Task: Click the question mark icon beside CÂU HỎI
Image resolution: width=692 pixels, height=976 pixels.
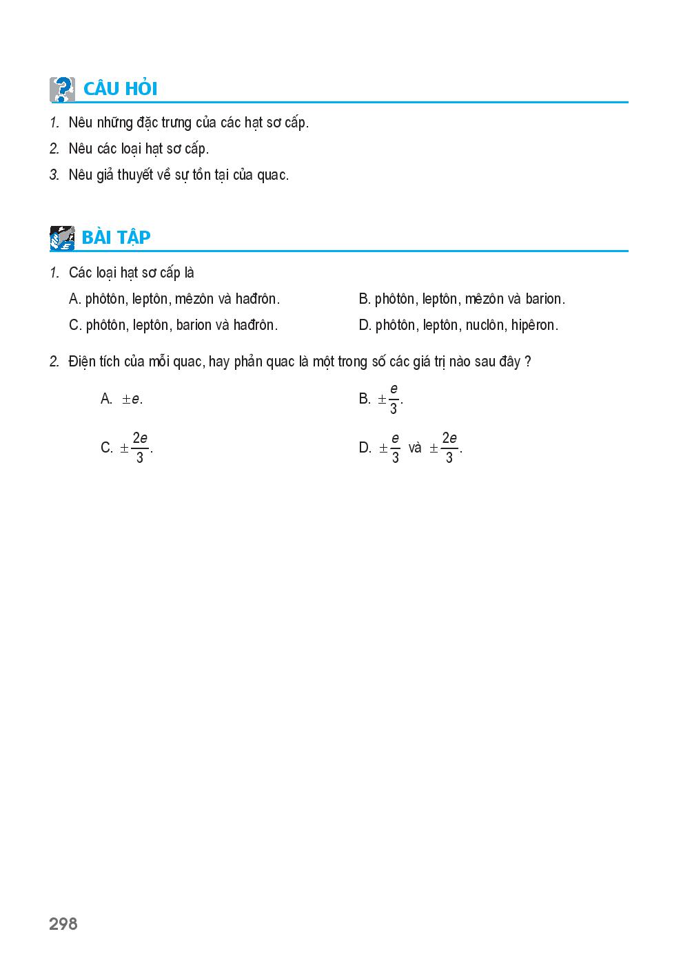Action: pos(62,90)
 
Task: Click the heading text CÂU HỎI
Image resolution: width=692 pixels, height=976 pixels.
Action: pos(120,90)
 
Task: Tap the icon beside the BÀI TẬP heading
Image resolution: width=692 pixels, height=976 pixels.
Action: pos(62,238)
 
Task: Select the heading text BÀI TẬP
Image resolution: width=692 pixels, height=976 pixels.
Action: pos(116,238)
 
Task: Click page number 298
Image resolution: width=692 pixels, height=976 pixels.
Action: pos(63,924)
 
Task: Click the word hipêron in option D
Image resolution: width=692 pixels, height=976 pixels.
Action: pos(534,325)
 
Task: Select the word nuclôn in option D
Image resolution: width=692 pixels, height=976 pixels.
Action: pos(485,325)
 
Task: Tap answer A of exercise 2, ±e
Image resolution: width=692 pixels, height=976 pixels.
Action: pos(131,399)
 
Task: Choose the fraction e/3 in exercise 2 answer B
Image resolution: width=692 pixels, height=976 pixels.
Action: pos(394,399)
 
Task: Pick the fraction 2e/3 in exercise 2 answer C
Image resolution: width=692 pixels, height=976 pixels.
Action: pos(140,448)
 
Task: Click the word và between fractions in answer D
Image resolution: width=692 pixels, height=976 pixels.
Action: pos(415,448)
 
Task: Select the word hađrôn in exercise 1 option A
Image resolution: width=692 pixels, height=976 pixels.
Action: pos(257,299)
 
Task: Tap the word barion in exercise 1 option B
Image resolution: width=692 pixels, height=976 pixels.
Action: pos(545,299)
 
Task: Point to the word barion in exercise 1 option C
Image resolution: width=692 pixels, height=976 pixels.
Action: pos(194,325)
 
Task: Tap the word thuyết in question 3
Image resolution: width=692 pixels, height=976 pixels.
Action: pos(134,175)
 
